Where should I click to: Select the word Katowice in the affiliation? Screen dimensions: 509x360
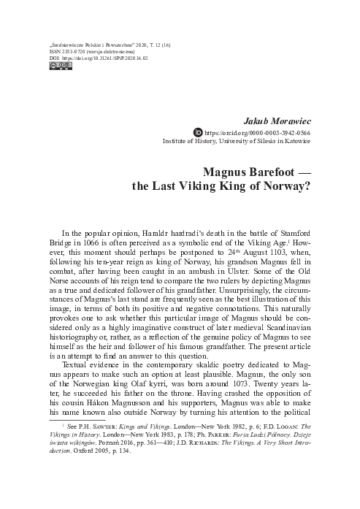[294, 142]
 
